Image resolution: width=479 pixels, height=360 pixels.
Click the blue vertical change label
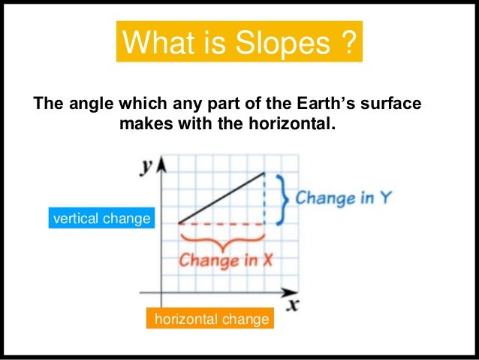(x=101, y=219)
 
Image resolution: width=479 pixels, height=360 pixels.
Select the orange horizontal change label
(x=211, y=320)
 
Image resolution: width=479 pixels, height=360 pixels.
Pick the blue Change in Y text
(x=343, y=199)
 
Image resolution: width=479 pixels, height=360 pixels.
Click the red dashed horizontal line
(x=221, y=223)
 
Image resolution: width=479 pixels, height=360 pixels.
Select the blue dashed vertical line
(x=264, y=198)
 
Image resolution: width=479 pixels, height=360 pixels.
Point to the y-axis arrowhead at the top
(x=161, y=163)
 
